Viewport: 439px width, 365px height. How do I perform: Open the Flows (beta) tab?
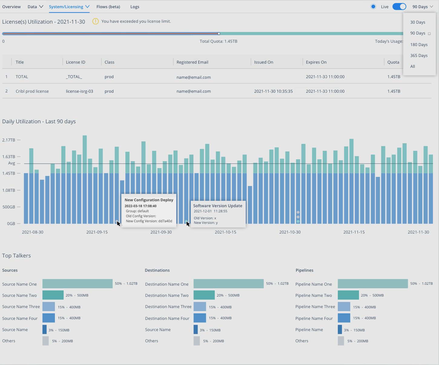click(x=108, y=7)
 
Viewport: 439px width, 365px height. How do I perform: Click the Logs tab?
click(x=135, y=7)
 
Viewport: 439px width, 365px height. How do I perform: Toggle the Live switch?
click(x=399, y=7)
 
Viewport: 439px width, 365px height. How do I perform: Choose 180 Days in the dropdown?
click(x=419, y=45)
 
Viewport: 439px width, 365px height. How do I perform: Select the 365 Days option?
click(x=419, y=55)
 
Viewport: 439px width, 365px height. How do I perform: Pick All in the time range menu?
click(x=413, y=66)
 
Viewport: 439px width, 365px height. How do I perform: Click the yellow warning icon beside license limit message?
click(x=95, y=21)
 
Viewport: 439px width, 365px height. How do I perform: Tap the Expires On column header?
click(x=316, y=62)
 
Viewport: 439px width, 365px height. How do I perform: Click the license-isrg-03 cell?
click(x=79, y=91)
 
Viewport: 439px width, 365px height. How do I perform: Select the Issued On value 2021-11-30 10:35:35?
click(x=273, y=91)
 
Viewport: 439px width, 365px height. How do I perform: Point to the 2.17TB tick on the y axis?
click(x=9, y=140)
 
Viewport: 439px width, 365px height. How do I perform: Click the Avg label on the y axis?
click(x=12, y=163)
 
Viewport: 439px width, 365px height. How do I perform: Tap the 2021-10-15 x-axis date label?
click(x=225, y=232)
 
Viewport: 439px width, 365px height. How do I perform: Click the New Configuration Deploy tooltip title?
click(x=149, y=200)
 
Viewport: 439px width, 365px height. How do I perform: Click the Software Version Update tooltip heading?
click(x=218, y=206)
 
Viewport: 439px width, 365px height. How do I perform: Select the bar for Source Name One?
click(x=78, y=284)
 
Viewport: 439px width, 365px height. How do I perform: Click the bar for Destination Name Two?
click(x=204, y=295)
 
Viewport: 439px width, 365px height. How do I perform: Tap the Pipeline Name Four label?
click(x=314, y=318)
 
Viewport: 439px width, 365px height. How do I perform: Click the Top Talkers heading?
click(x=16, y=255)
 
